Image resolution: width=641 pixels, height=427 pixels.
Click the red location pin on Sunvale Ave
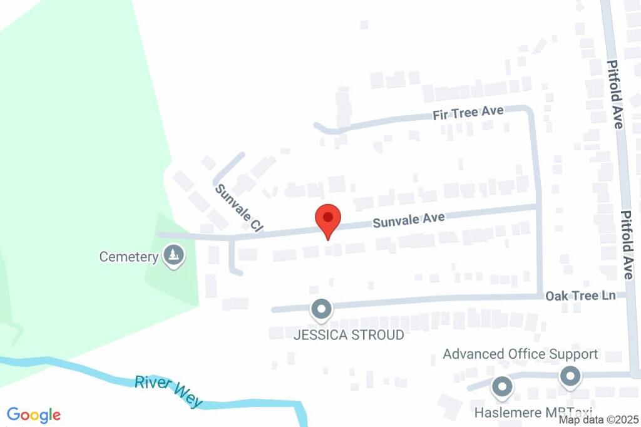[x=327, y=219]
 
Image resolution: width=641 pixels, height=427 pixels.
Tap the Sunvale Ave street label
[x=409, y=220]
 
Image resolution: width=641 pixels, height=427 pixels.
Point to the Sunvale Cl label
[x=238, y=208]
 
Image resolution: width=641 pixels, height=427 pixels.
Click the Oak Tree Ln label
[x=580, y=295]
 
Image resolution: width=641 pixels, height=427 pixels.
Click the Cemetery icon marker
[x=173, y=255]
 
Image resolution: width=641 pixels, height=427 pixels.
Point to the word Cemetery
[x=129, y=257]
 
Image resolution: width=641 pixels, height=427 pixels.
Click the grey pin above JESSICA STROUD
[x=322, y=309]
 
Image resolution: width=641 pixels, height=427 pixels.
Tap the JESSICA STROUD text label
[x=349, y=335]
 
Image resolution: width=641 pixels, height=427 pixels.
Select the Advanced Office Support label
[x=520, y=354]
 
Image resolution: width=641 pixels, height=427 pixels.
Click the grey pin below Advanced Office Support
[x=570, y=377]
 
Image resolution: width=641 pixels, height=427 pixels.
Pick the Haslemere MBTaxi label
[x=533, y=413]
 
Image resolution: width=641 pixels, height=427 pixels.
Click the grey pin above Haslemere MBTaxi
[x=501, y=388]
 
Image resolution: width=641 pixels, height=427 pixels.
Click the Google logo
[x=34, y=414]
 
